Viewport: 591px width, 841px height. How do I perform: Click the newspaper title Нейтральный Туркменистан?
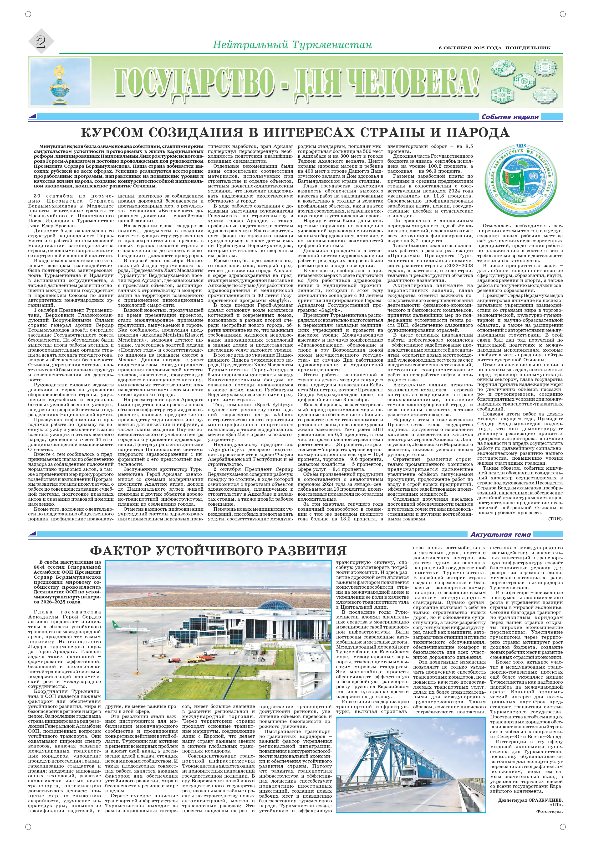292,45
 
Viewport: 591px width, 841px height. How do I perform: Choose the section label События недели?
510,117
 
